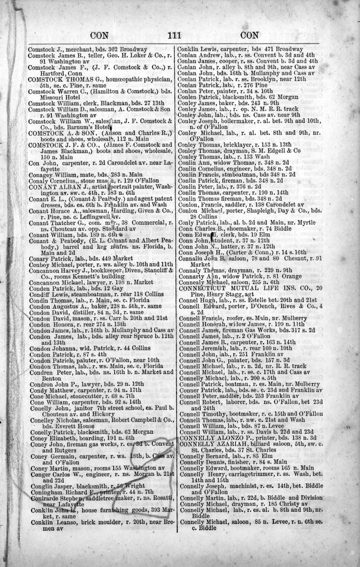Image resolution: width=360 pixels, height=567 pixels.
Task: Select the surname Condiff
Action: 39,294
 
